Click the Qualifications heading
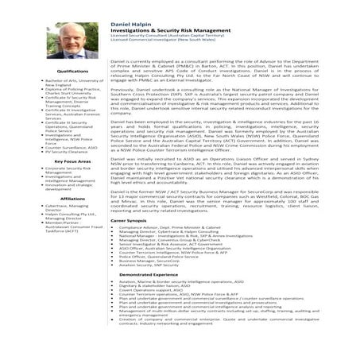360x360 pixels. click(72, 72)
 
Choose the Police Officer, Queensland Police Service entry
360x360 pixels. click(159, 256)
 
